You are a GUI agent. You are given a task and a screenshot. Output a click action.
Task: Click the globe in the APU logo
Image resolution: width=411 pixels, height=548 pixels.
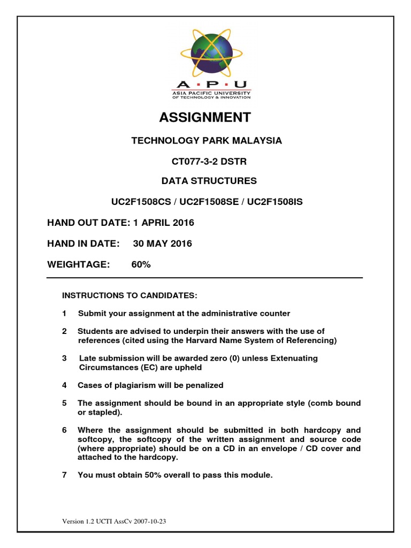point(210,51)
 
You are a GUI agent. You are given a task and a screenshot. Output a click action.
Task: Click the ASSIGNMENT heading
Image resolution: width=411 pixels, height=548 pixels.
point(206,117)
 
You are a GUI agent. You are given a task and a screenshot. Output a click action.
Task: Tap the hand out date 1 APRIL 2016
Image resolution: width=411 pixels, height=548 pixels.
point(160,223)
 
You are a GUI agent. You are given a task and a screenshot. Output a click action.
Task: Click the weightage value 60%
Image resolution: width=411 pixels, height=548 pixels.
point(141,264)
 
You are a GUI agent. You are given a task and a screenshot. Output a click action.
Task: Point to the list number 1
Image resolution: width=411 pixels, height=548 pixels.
point(64,314)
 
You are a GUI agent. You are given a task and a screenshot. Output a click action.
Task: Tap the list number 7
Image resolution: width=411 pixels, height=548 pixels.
point(64,474)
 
